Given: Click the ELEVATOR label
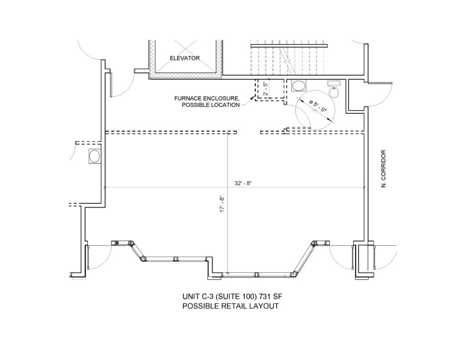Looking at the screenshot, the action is pyautogui.click(x=185, y=58).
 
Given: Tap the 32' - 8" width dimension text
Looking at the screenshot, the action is pyautogui.click(x=243, y=183).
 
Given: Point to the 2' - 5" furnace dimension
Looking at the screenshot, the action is pyautogui.click(x=266, y=89).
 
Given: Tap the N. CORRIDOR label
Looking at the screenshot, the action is pyautogui.click(x=383, y=168).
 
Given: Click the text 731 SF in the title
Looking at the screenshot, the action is pyautogui.click(x=269, y=297).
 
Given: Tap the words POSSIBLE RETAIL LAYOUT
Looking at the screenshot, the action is pyautogui.click(x=231, y=306).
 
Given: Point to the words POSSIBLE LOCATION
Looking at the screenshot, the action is pyautogui.click(x=211, y=105).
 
